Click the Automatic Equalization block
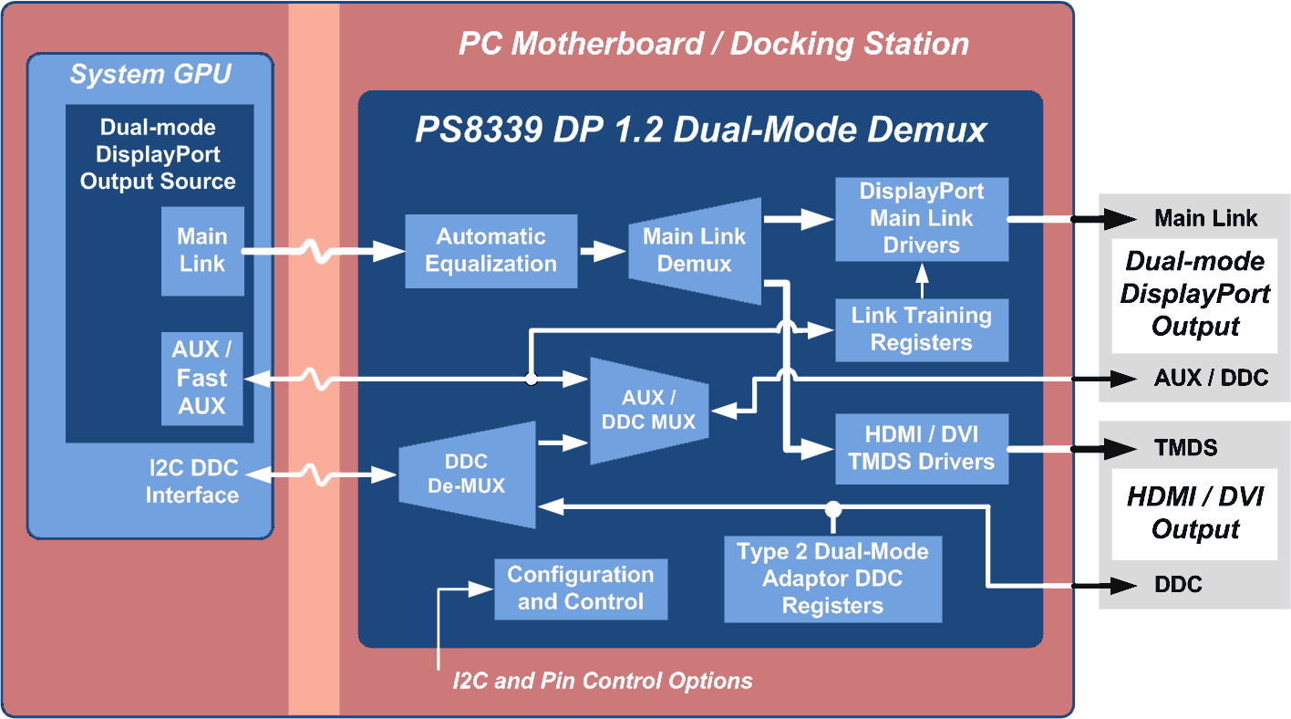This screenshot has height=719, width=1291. coord(491,251)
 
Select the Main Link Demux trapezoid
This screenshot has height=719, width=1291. coord(695,251)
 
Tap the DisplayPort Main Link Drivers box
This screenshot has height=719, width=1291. coord(922,219)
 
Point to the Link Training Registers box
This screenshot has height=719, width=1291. coord(922,329)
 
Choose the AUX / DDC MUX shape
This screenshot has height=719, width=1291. coord(648,411)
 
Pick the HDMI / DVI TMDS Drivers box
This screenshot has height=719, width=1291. coord(922,448)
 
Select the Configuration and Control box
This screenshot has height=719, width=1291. coord(581,589)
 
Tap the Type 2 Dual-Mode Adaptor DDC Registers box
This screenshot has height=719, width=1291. coord(832,578)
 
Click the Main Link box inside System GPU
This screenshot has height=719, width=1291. coord(202,251)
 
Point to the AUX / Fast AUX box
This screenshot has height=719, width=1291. coord(202,378)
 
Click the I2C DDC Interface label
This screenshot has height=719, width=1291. coord(192,482)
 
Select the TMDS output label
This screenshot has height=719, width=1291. coord(1185,448)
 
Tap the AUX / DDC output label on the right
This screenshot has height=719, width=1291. coord(1211,378)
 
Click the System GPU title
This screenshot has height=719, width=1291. coord(150,75)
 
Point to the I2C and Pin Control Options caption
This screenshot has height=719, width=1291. coord(603,681)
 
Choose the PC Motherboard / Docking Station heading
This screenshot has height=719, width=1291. coord(713,44)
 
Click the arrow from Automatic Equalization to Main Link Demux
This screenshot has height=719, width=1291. coord(603,251)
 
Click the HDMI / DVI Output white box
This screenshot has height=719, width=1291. coord(1196,514)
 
